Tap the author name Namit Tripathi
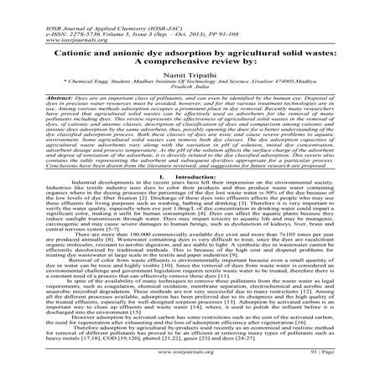pos(190,73)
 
